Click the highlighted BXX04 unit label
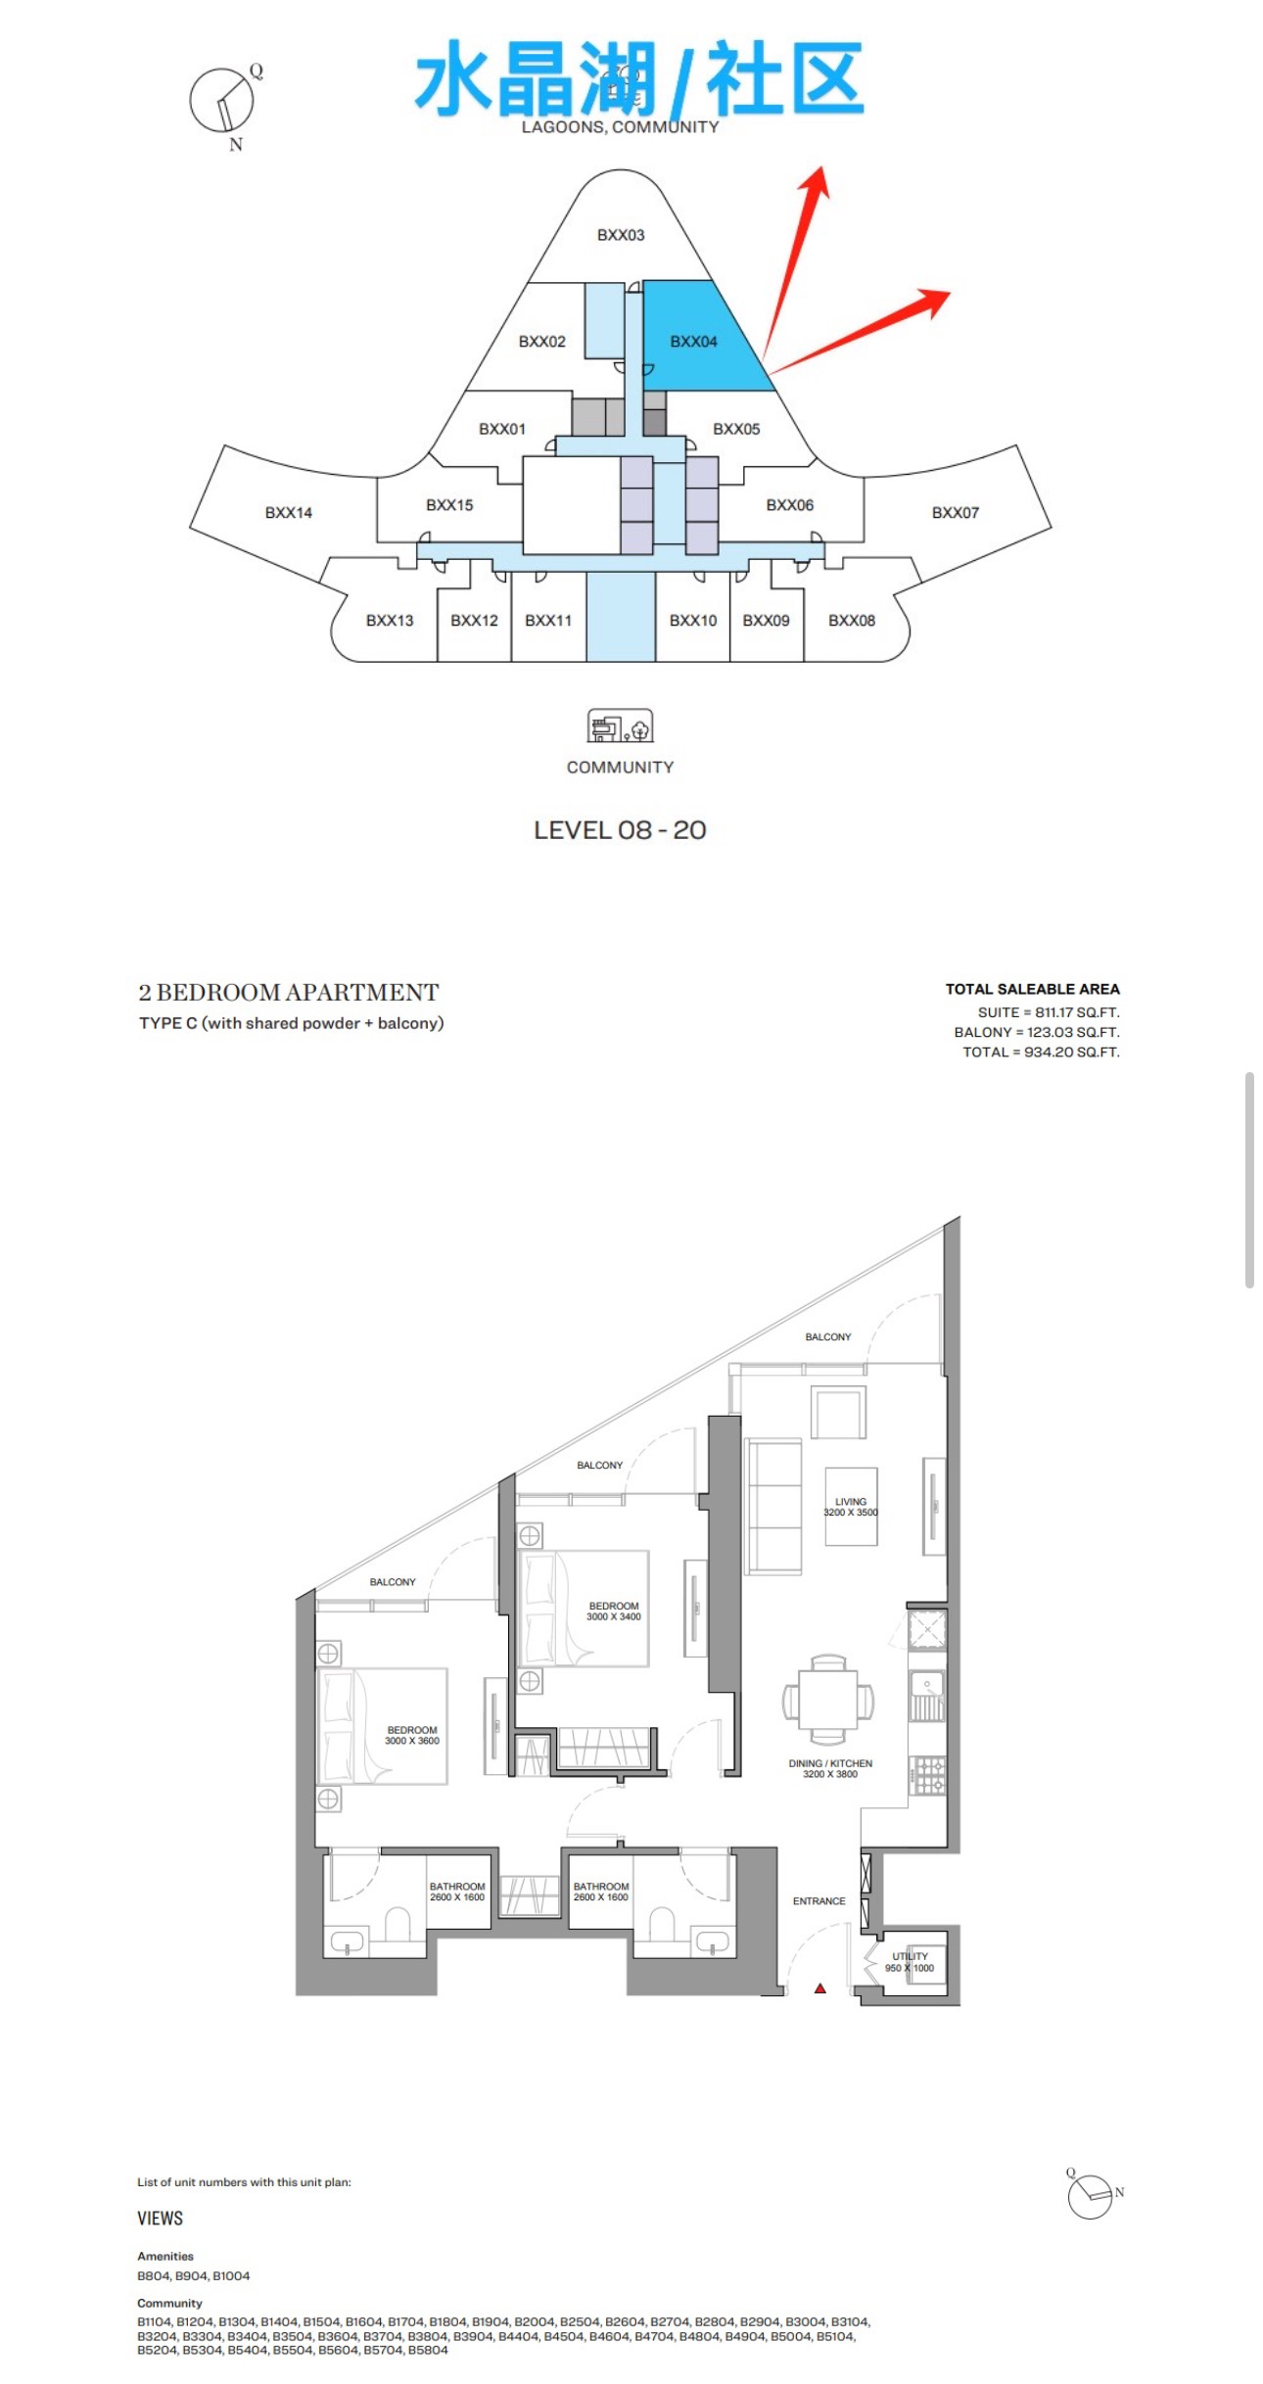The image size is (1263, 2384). [x=693, y=342]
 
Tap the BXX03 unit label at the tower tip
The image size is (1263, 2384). [x=621, y=235]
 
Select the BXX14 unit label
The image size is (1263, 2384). [x=289, y=513]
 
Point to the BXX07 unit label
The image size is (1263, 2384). [x=956, y=513]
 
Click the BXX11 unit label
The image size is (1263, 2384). [x=548, y=621]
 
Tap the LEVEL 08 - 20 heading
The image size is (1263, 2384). [x=620, y=830]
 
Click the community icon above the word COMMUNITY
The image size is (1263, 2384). [x=620, y=725]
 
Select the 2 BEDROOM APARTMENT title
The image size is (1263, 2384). [x=289, y=992]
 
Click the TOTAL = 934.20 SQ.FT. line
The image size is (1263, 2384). [x=1041, y=1052]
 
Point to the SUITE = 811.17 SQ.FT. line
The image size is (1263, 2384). [x=1049, y=1013]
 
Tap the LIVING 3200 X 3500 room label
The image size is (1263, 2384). [x=851, y=1507]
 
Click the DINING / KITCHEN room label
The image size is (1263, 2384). [x=830, y=1768]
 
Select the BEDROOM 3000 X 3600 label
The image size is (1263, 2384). [x=412, y=1735]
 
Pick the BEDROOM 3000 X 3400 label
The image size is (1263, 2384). [x=614, y=1611]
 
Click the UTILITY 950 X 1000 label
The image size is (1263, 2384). [x=910, y=1962]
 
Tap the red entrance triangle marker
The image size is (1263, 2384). [x=820, y=1988]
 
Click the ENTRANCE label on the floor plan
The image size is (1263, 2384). [x=819, y=1901]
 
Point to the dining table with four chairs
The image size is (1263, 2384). [x=828, y=1700]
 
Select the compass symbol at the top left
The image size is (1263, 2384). [x=224, y=105]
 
